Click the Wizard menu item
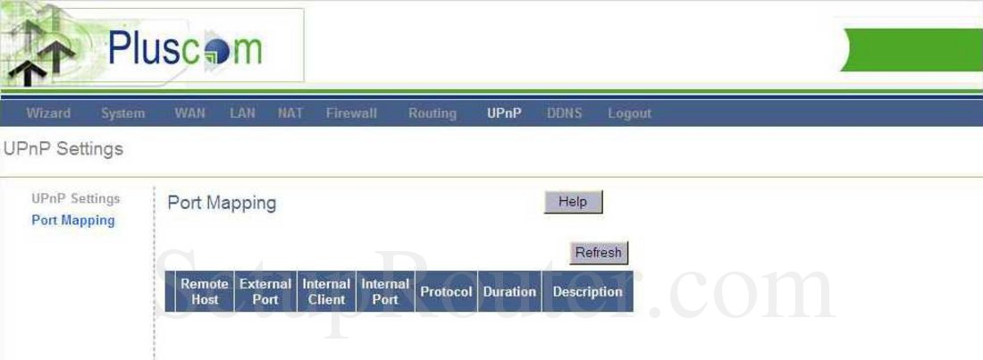[48, 113]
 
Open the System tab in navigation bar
[122, 113]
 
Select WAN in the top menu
[189, 113]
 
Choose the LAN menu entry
[242, 113]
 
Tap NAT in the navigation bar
[290, 113]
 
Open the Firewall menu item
[351, 113]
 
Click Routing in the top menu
[432, 113]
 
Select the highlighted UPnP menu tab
[504, 113]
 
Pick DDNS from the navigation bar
[564, 113]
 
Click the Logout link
[629, 113]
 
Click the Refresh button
[598, 253]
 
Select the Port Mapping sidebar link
[73, 220]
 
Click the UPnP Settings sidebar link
[75, 198]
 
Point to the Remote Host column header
[205, 291]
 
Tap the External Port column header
[265, 291]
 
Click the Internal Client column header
[326, 291]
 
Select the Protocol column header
[446, 291]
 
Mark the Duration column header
[509, 291]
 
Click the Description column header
[587, 291]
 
